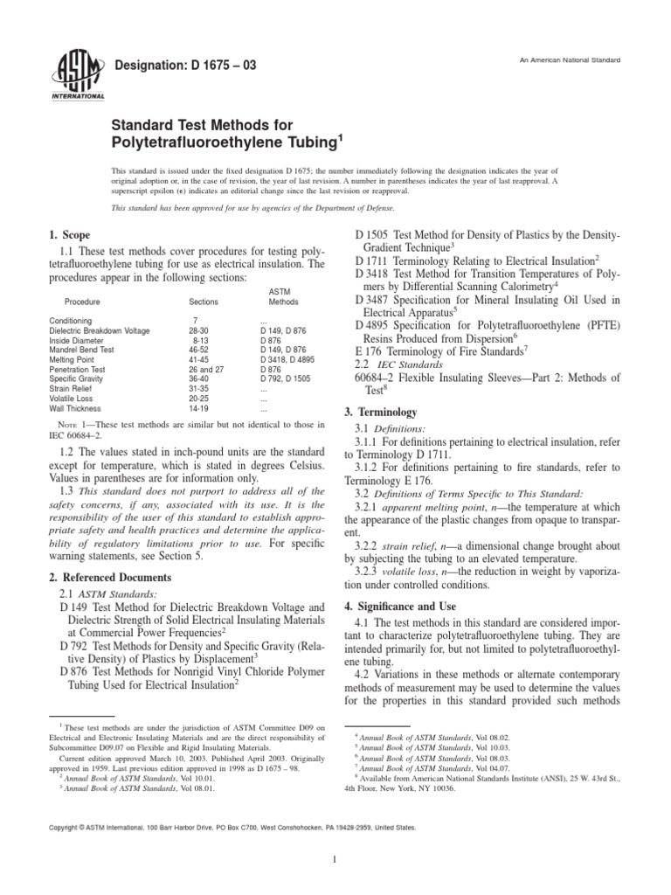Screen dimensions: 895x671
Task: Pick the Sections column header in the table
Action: click(x=202, y=301)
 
